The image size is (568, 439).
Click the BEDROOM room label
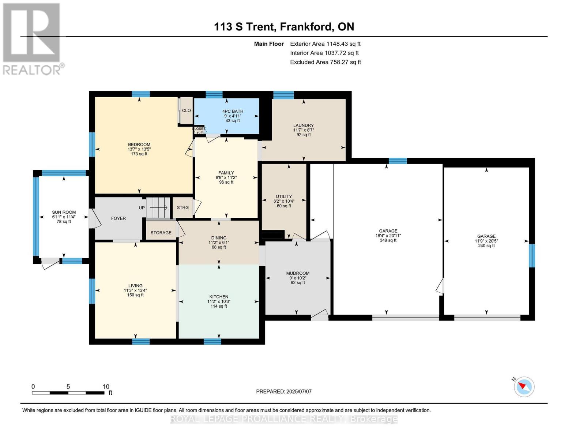tap(139, 145)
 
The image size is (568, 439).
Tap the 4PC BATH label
tap(233, 111)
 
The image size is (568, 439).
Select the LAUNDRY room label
tap(303, 125)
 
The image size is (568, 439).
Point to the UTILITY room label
tap(284, 196)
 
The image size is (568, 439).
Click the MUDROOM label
tap(298, 273)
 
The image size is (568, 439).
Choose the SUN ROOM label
tap(64, 212)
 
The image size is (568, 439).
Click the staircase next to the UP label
tap(158, 208)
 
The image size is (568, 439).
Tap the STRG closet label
tap(183, 207)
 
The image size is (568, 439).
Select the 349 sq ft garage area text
tap(388, 240)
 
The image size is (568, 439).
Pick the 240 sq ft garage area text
tap(486, 246)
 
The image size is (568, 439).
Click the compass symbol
tap(524, 386)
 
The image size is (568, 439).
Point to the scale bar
tap(68, 393)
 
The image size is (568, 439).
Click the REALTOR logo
tap(32, 38)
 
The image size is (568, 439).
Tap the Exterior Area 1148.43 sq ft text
tap(325, 44)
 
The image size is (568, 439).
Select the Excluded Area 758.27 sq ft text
tap(326, 62)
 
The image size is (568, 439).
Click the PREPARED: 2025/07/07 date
tap(284, 391)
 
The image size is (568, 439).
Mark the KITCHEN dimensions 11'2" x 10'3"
tap(219, 301)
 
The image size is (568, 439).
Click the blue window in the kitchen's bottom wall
tap(212, 342)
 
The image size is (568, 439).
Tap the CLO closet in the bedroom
tap(187, 110)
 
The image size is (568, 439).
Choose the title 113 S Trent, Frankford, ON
tap(284, 27)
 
